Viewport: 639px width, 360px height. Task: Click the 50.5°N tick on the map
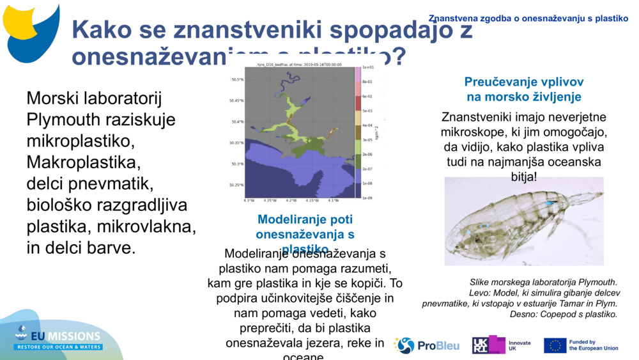[236, 80]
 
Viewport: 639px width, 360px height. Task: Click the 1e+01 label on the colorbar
[367, 67]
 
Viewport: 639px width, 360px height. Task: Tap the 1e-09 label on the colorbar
[367, 198]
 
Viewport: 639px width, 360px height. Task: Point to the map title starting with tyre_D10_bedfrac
[299, 65]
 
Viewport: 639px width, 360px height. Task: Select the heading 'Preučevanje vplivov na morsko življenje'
[523, 90]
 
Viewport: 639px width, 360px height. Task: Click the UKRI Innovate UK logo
[501, 345]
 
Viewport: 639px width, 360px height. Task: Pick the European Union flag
[555, 345]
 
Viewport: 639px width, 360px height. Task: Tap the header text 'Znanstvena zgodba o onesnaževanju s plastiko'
[528, 19]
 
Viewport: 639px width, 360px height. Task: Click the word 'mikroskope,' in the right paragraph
[471, 132]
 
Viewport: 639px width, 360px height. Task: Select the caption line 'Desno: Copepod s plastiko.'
[563, 314]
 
